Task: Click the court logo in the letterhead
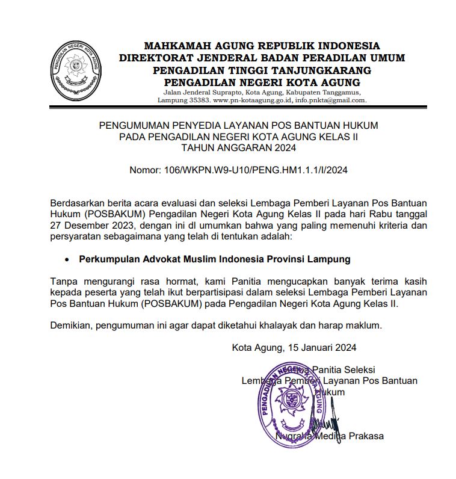[x=75, y=72]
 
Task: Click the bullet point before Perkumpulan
[x=68, y=259]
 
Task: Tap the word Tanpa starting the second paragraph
[x=62, y=281]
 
